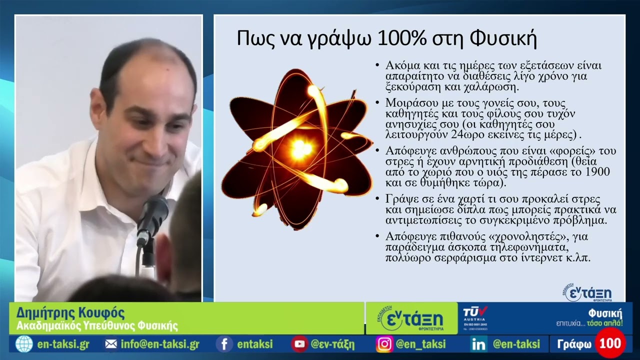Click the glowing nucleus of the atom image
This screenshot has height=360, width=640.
tap(300, 148)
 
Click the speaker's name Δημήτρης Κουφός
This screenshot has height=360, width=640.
tap(70, 313)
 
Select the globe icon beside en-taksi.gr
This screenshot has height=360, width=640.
tap(23, 344)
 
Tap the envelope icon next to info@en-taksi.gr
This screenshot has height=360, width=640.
tap(111, 344)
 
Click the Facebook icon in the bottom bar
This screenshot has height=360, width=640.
tap(224, 344)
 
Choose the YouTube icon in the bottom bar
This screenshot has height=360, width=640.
tap(299, 344)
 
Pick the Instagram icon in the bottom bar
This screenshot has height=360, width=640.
tap(384, 344)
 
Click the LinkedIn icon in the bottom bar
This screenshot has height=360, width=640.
tap(478, 344)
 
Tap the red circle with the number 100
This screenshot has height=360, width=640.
tap(610, 343)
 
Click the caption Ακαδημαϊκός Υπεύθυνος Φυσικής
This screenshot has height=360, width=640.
tap(97, 326)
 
